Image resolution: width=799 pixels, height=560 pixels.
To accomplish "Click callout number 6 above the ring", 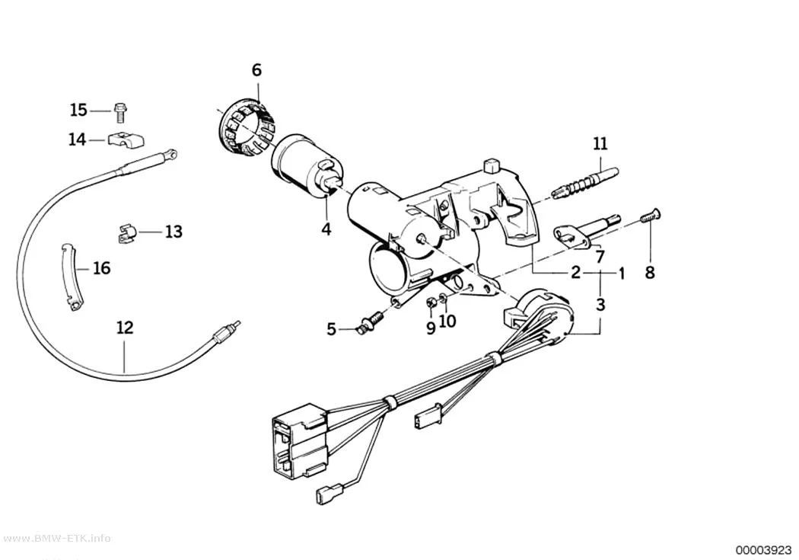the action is (257, 70).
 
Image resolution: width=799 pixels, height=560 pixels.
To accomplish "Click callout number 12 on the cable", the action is (125, 327).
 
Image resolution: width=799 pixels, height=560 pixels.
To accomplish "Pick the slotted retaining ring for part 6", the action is (244, 129).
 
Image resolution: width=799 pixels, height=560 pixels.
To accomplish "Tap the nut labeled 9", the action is (431, 303).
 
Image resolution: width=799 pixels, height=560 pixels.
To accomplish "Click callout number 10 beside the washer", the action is (447, 321).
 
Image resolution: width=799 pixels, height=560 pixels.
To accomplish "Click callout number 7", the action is (600, 256).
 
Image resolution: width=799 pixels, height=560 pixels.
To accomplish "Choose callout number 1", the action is (622, 274).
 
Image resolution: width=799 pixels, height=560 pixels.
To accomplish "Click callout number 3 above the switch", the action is (601, 305).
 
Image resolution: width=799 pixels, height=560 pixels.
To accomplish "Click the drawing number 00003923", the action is (762, 550).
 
